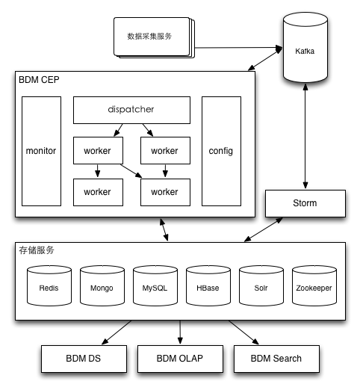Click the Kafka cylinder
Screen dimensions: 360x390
[305, 47]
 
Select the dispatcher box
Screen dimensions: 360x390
[131, 110]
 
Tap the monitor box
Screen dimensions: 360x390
[41, 151]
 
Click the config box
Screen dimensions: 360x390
[221, 151]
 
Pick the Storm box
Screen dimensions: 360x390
[305, 203]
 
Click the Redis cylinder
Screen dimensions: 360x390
[49, 285]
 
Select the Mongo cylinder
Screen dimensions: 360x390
[102, 285]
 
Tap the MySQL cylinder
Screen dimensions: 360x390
[155, 285]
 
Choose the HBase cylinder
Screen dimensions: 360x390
[208, 285]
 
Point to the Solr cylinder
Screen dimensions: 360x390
[261, 285]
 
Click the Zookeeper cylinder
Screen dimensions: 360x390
[314, 285]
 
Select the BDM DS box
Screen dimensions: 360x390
[84, 359]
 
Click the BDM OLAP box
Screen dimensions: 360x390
[180, 359]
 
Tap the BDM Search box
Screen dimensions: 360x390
[276, 359]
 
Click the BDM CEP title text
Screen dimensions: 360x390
[39, 80]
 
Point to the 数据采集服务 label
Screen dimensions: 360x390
[149, 37]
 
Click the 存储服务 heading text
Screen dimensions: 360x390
[37, 250]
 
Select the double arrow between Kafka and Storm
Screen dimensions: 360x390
[305, 136]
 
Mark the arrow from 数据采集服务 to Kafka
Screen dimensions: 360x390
[238, 48]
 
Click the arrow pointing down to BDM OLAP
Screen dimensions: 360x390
[180, 332]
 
